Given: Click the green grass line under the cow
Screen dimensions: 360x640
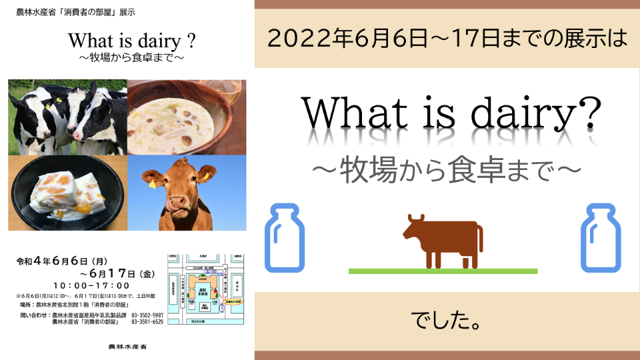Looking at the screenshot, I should click(x=443, y=271).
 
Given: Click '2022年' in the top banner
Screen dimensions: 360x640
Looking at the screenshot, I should click(x=295, y=39).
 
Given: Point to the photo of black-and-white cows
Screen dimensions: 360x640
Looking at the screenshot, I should click(x=67, y=117).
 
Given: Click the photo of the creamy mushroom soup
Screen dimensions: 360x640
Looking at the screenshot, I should click(x=187, y=117).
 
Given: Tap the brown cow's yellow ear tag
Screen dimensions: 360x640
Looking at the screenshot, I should click(x=153, y=183).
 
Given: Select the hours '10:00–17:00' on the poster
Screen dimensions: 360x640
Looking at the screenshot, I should click(x=86, y=285).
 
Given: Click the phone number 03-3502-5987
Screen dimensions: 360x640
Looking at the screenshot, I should click(x=147, y=315).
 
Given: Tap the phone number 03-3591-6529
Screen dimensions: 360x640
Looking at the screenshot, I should click(x=147, y=322).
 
